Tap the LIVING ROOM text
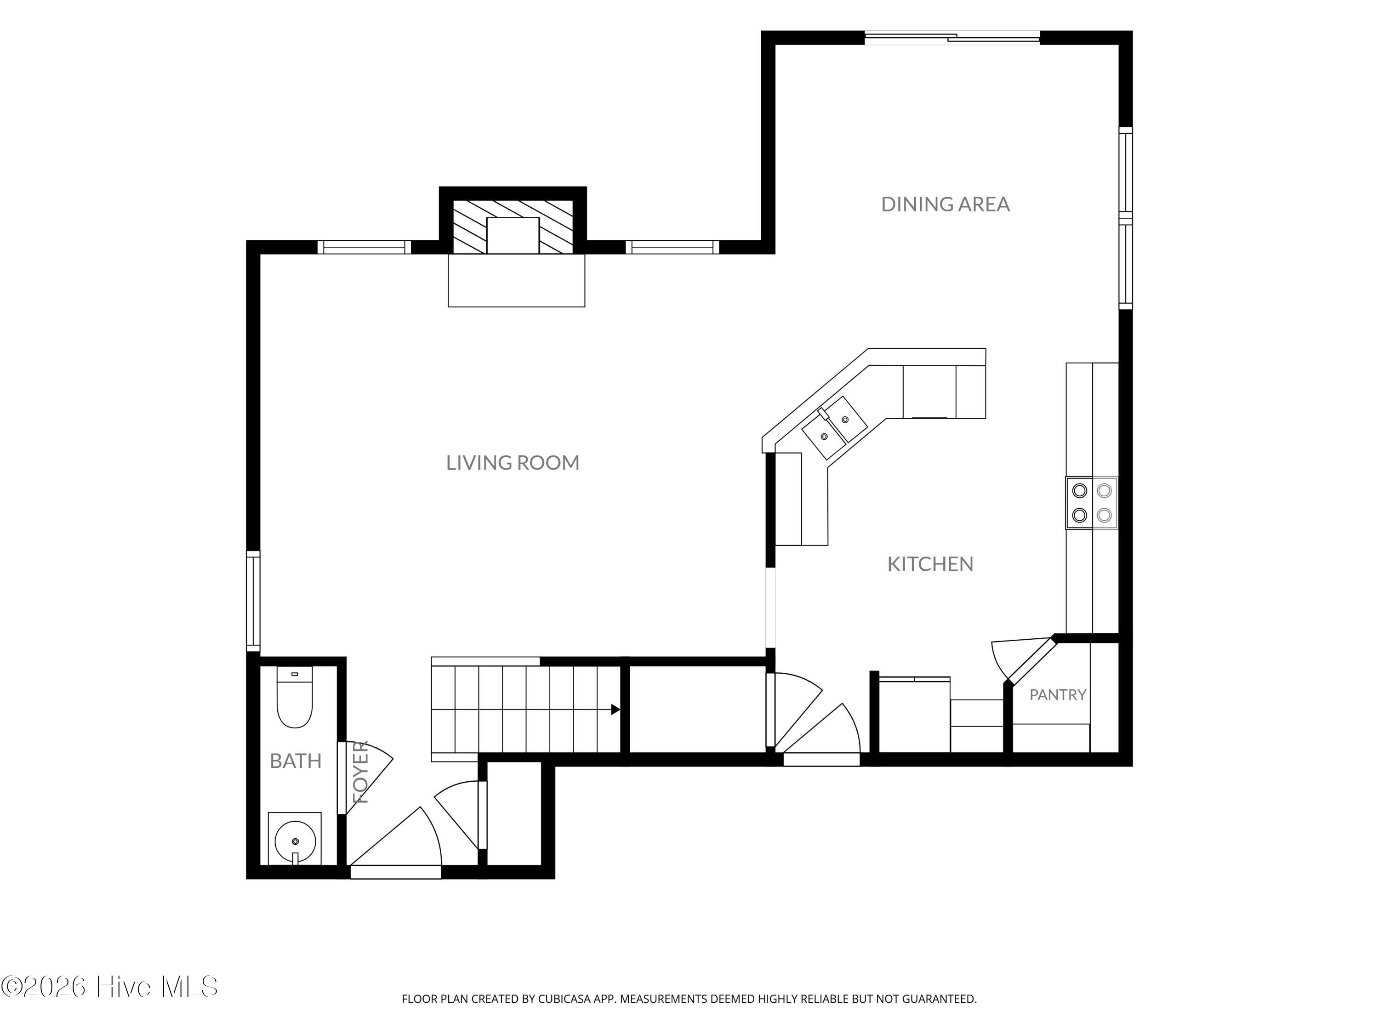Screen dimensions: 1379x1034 tap(513, 462)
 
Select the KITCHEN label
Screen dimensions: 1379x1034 tap(930, 564)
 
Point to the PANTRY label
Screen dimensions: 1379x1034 tap(1058, 694)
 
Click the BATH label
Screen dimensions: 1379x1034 tap(296, 761)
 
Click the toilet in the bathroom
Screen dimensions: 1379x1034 tap(294, 697)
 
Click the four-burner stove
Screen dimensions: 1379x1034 tap(1092, 503)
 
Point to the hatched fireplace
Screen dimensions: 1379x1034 tap(513, 227)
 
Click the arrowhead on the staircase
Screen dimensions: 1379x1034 tap(615, 709)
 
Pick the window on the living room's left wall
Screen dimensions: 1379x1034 tap(253, 601)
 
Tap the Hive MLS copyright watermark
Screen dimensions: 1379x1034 tap(110, 987)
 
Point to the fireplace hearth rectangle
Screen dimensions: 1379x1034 tap(516, 280)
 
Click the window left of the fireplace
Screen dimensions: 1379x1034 tap(364, 247)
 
